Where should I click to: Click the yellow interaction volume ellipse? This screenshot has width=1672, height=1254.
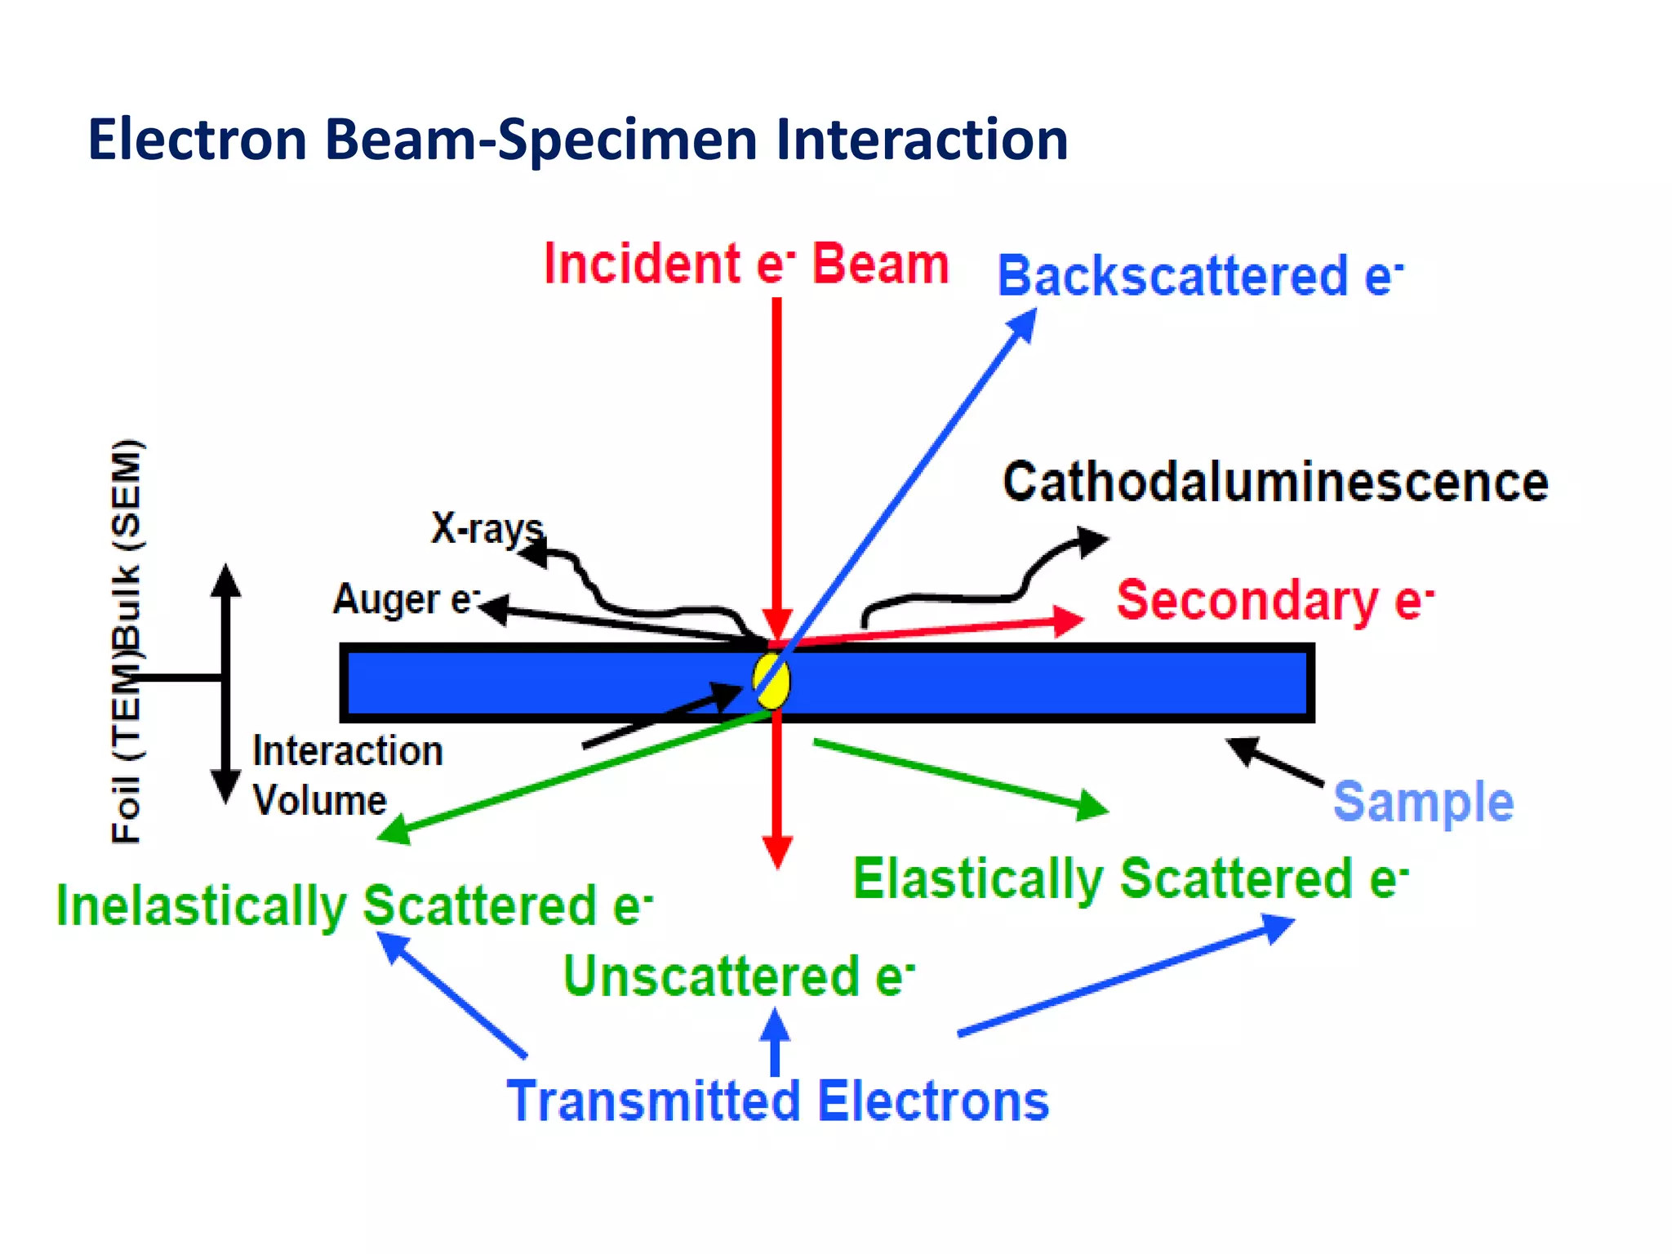pyautogui.click(x=772, y=680)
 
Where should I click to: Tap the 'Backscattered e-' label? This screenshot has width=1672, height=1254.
pyautogui.click(x=1200, y=276)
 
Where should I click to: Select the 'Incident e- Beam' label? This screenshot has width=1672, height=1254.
pyautogui.click(x=746, y=264)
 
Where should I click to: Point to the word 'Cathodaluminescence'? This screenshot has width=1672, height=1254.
pyautogui.click(x=1275, y=482)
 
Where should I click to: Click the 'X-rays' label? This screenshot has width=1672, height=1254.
pyautogui.click(x=487, y=528)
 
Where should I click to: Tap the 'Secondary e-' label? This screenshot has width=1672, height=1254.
pyautogui.click(x=1274, y=600)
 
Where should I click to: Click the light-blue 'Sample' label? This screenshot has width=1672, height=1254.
pyautogui.click(x=1423, y=802)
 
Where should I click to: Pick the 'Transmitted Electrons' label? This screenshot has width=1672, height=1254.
pyautogui.click(x=777, y=1101)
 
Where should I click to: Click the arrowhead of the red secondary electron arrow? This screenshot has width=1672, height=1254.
pyautogui.click(x=1069, y=620)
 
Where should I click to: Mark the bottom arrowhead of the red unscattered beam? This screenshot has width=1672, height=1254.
pyautogui.click(x=777, y=852)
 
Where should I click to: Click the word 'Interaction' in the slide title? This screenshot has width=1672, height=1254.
pyautogui.click(x=922, y=140)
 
